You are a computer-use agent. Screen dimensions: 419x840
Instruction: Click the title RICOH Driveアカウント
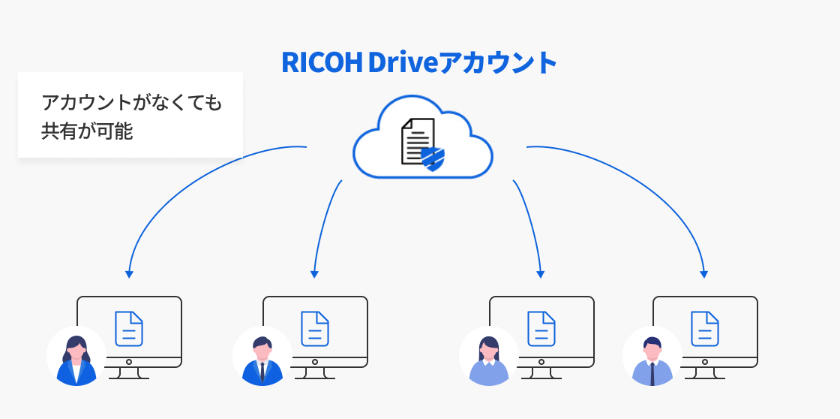coord(419,63)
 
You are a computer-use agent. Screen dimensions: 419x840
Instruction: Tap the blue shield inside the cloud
coord(432,158)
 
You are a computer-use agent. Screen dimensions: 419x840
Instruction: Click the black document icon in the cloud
coord(416,140)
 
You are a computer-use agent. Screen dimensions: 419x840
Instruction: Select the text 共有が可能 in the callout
coord(87,131)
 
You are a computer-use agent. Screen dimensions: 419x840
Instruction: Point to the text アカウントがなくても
coord(132,103)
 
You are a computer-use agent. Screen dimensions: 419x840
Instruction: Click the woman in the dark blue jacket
coord(76,359)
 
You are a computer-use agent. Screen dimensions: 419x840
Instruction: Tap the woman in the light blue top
coord(488,359)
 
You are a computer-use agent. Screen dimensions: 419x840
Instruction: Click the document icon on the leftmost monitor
coord(129,328)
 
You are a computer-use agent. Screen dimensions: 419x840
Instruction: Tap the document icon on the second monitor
coord(315,328)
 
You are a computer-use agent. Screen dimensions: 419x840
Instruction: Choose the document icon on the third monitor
coord(541,328)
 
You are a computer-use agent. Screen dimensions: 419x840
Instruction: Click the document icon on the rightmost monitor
coord(705,328)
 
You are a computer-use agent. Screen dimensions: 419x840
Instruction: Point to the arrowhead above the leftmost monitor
coord(129,274)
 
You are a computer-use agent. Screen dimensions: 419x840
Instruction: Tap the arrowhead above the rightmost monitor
coord(704,274)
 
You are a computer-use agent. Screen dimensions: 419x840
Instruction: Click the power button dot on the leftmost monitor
coord(129,361)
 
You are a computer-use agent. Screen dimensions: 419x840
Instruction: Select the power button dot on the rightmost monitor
coord(705,361)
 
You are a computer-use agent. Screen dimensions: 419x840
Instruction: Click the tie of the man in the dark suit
coord(262,371)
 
